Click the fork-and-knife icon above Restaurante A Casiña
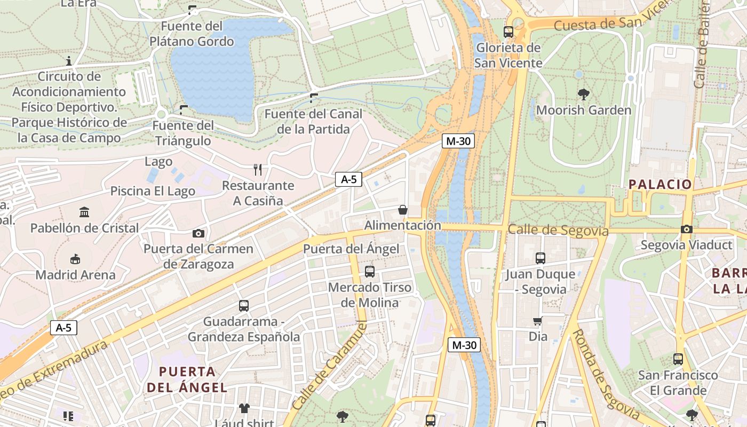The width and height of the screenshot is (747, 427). pyautogui.click(x=258, y=170)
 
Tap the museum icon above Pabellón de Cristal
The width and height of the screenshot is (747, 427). pyautogui.click(x=84, y=212)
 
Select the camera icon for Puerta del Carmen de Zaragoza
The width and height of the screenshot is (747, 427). pyautogui.click(x=198, y=233)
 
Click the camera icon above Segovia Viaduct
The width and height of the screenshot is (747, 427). pyautogui.click(x=686, y=230)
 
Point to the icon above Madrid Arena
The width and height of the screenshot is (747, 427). pyautogui.click(x=75, y=259)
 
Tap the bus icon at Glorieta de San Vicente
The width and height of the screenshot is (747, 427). pyautogui.click(x=508, y=32)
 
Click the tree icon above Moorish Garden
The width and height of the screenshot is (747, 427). pyautogui.click(x=583, y=94)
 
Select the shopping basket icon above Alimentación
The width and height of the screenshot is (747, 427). pyautogui.click(x=403, y=210)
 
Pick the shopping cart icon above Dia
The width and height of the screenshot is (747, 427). pyautogui.click(x=538, y=321)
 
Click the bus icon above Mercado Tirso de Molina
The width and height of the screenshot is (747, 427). pyautogui.click(x=370, y=272)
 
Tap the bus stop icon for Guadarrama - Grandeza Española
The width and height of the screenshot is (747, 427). pyautogui.click(x=244, y=306)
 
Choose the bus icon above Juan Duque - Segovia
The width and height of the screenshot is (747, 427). pyautogui.click(x=540, y=258)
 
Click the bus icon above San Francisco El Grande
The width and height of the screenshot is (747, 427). pyautogui.click(x=678, y=359)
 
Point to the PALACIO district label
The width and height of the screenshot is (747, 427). pyautogui.click(x=659, y=185)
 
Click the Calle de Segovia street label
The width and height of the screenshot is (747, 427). pyautogui.click(x=558, y=230)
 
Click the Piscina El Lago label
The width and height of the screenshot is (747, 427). pyautogui.click(x=153, y=191)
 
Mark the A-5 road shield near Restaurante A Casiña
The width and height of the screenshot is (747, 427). pyautogui.click(x=348, y=179)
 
